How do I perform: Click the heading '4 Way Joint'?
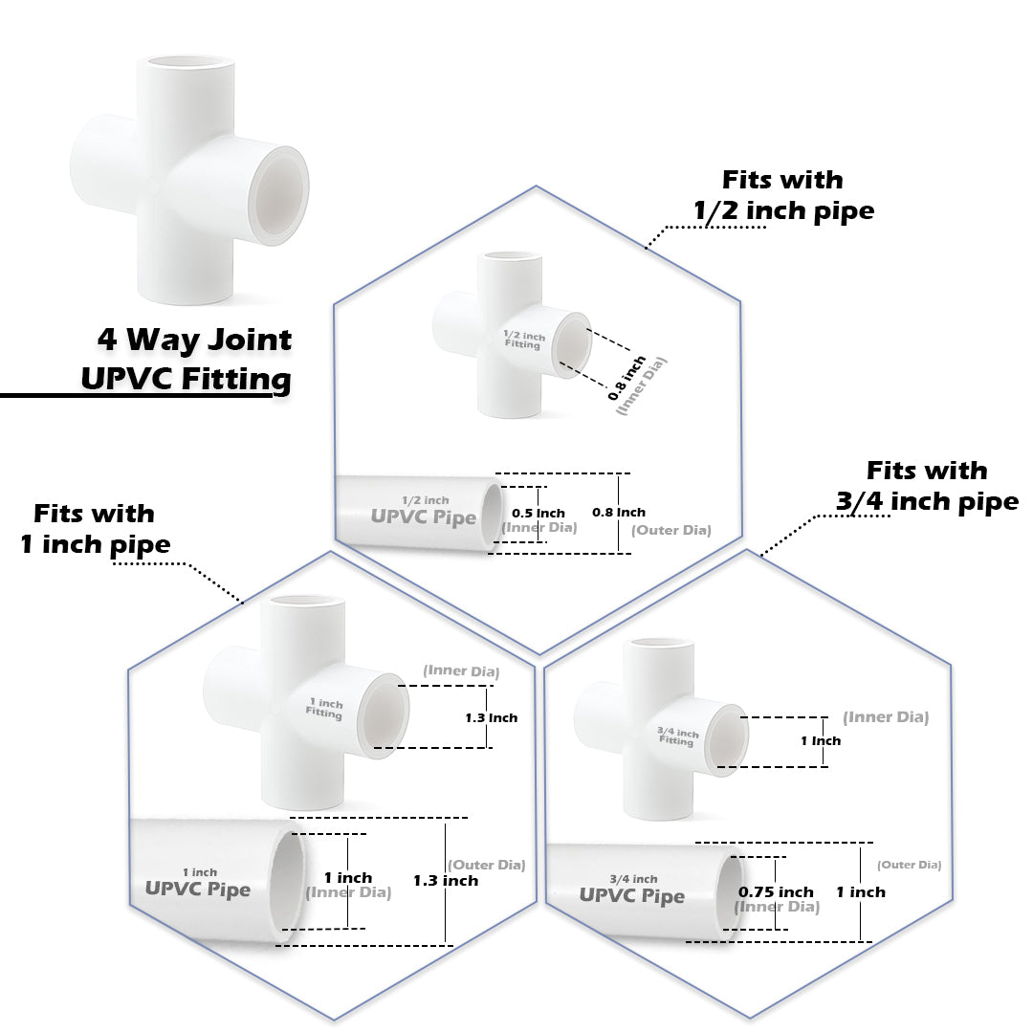pos(194,340)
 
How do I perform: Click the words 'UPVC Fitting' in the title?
pos(186,379)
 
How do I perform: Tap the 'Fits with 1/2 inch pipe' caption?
pos(782,194)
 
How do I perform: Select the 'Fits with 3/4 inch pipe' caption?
pos(927,485)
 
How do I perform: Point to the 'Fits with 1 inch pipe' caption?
pos(95,529)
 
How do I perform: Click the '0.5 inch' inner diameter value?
pos(537,513)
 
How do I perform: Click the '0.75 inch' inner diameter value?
pos(776,891)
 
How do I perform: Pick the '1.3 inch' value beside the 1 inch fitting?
pos(491,717)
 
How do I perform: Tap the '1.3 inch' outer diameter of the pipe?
pos(446,880)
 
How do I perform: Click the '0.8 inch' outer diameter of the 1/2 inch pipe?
pos(619,512)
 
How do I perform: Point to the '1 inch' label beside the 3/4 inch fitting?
pos(821,740)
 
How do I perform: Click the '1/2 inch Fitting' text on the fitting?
pos(524,340)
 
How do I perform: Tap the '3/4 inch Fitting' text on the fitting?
pos(678,736)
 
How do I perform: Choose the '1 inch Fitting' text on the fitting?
pos(324,709)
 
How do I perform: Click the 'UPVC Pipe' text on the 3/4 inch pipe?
pos(631,896)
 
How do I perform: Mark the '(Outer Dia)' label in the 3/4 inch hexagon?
pos(910,865)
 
